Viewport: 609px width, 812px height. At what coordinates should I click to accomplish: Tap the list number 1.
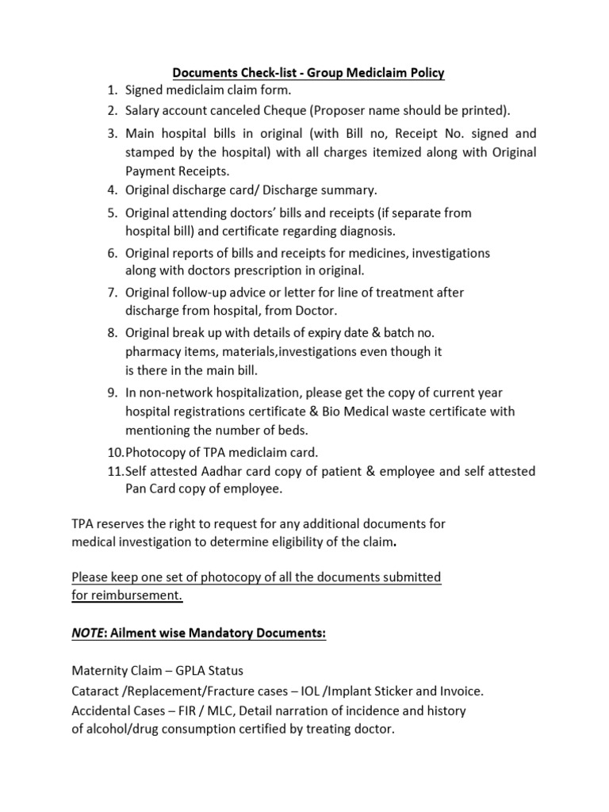click(112, 91)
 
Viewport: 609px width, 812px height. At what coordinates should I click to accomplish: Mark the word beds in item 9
click(291, 431)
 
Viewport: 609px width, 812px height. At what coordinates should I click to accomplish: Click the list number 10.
click(113, 452)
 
